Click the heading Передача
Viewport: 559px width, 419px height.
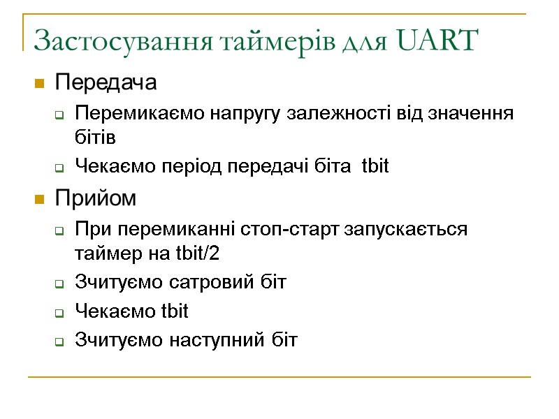click(106, 83)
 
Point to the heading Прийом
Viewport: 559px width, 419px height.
click(96, 199)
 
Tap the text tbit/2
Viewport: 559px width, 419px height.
click(192, 253)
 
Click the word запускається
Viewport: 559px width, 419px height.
click(406, 230)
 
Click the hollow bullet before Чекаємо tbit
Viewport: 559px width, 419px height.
click(60, 313)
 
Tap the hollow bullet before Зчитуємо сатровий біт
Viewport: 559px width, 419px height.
click(60, 284)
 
